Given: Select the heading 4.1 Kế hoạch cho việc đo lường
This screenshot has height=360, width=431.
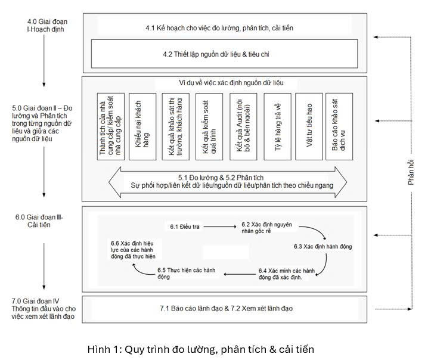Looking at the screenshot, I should pyautogui.click(x=219, y=28).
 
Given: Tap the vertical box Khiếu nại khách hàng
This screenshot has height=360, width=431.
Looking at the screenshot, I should pyautogui.click(x=142, y=126).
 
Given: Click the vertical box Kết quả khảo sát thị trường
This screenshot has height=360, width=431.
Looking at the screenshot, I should pyautogui.click(x=176, y=126).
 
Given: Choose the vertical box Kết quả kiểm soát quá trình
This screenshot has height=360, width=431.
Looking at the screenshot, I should pyautogui.click(x=209, y=126).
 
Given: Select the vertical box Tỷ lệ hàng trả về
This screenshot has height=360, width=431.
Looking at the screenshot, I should pyautogui.click(x=277, y=126).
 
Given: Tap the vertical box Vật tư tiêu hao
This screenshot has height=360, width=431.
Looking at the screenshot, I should pyautogui.click(x=309, y=126).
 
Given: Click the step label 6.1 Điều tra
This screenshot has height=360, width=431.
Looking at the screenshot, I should pyautogui.click(x=185, y=226).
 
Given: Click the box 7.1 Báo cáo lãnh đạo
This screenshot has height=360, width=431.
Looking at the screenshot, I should pyautogui.click(x=227, y=308).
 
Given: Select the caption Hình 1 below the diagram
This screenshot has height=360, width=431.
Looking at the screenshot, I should pyautogui.click(x=200, y=349).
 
